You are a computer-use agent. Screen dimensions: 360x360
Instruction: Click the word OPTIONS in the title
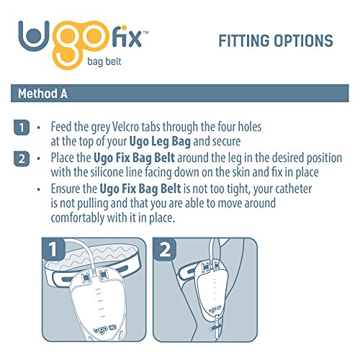point(306,40)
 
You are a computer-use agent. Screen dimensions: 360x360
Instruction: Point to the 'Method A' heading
point(44,95)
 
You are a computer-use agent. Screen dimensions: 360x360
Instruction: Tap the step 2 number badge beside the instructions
point(22,159)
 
